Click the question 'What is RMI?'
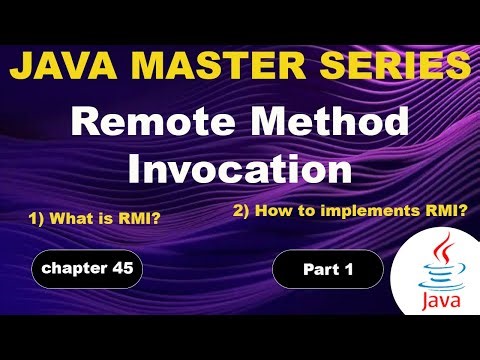(x=102, y=216)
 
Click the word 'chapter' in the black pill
(x=73, y=268)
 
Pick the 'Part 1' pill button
(x=327, y=269)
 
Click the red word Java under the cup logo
(x=433, y=299)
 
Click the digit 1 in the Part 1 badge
(x=349, y=269)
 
